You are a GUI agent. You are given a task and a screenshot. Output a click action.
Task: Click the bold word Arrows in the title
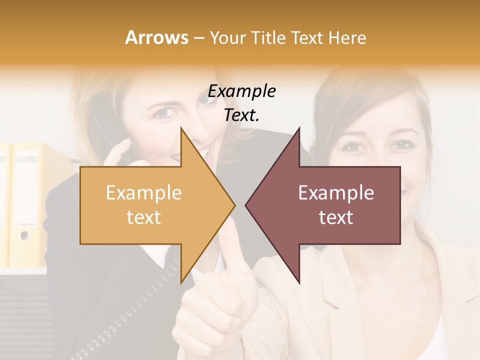pyautogui.click(x=156, y=37)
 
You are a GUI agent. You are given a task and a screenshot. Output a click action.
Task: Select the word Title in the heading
pyautogui.click(x=268, y=37)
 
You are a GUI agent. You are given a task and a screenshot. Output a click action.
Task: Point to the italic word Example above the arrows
pyautogui.click(x=242, y=91)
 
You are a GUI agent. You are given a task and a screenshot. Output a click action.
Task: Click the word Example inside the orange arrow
pyautogui.click(x=144, y=193)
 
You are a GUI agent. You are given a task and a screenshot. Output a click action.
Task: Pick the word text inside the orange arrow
pyautogui.click(x=144, y=217)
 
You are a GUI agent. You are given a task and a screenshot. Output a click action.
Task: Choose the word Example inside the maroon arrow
pyautogui.click(x=336, y=193)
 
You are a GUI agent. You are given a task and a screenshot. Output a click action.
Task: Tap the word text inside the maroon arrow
pyautogui.click(x=336, y=217)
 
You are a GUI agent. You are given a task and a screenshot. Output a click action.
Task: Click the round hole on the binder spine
pyautogui.click(x=24, y=234)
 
